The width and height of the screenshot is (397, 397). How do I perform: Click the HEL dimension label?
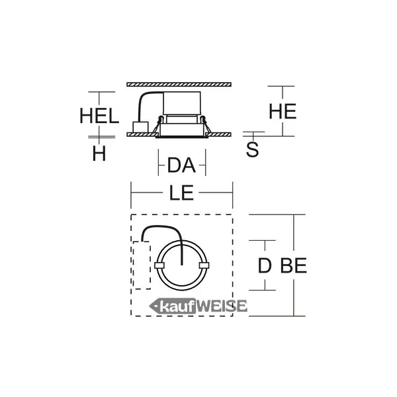pos(99,116)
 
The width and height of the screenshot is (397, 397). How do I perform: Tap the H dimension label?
pos(99,154)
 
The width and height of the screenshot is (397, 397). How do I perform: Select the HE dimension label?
pos(283,112)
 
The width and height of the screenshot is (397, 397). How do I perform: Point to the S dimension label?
pos(253,150)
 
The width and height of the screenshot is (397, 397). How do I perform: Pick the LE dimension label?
pos(181,193)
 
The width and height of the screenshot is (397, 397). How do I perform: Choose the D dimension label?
pos(265,266)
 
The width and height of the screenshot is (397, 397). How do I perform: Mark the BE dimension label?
pos(293,266)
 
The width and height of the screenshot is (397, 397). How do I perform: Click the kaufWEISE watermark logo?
pos(198,306)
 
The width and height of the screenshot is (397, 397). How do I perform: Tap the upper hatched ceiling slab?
pos(179,84)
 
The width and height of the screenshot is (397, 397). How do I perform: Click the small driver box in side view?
pos(140,127)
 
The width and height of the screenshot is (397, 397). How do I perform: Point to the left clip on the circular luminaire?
pos(159,265)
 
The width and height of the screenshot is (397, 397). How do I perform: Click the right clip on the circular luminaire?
pos(204,265)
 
